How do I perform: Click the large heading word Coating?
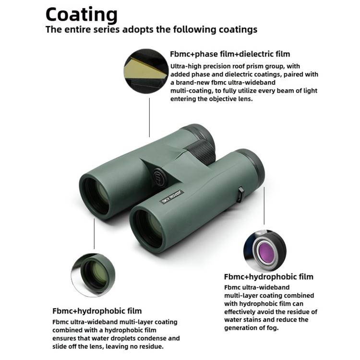[82, 15]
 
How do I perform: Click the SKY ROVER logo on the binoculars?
[171, 197]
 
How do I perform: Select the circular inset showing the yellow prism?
[146, 71]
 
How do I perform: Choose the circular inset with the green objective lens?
[93, 275]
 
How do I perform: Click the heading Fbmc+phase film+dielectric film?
[230, 54]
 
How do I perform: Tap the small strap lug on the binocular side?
[240, 194]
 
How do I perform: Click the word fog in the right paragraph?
[273, 328]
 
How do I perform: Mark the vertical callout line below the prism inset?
[149, 118]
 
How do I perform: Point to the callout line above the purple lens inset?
[264, 205]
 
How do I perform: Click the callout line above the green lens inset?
[94, 233]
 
